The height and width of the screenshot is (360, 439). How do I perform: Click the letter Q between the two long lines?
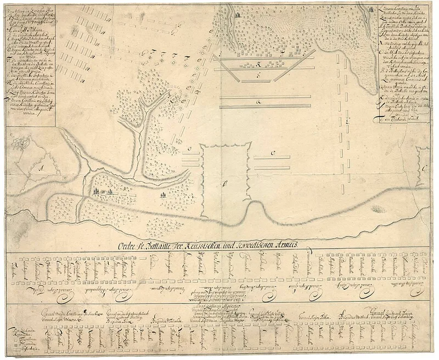(266, 102)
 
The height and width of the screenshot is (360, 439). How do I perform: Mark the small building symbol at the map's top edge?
(238, 15)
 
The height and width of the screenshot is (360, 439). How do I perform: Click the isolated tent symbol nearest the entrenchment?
(163, 194)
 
